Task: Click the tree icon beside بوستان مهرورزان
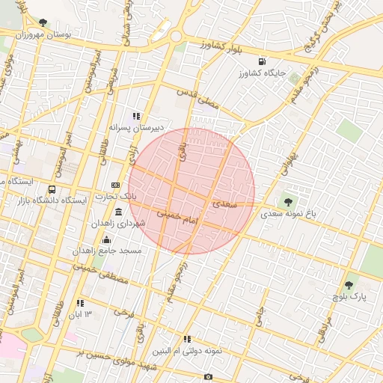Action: click(43, 22)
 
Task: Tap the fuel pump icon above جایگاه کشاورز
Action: click(261, 61)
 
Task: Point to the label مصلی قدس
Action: click(198, 99)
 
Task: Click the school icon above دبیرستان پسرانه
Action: click(136, 116)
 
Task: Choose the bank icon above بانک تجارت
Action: click(115, 184)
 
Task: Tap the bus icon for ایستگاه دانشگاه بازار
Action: click(52, 189)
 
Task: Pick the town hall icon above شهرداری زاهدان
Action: click(120, 213)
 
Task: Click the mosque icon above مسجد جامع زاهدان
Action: click(106, 240)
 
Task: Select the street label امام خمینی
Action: click(177, 217)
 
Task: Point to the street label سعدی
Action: click(224, 203)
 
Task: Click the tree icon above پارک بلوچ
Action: click(349, 284)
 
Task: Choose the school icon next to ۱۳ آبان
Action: click(79, 303)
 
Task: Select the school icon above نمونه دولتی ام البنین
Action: click(187, 339)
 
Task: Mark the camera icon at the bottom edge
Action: click(208, 376)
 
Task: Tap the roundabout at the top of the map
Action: click(177, 36)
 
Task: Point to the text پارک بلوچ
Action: click(349, 297)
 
